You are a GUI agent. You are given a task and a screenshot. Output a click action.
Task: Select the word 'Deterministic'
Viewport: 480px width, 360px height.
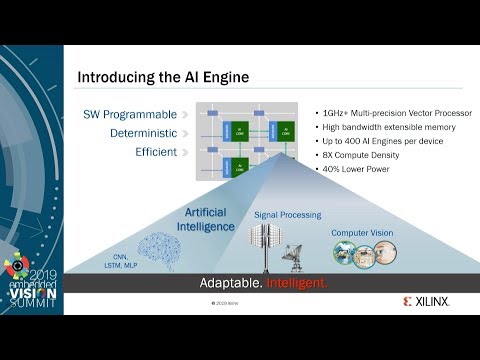coord(144,133)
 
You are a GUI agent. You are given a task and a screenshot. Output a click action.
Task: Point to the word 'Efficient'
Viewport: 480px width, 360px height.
coord(156,152)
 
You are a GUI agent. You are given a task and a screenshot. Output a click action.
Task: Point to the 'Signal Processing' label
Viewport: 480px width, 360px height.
coord(288,215)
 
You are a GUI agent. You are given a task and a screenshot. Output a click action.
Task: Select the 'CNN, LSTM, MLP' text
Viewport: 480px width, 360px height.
coord(121,257)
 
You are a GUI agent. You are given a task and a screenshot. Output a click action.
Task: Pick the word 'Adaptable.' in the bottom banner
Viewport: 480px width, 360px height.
coord(233,284)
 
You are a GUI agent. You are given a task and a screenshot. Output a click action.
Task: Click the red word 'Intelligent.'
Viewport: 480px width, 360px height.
coord(298,284)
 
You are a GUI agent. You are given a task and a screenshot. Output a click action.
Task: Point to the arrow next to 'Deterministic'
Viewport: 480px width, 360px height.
coord(185,133)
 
